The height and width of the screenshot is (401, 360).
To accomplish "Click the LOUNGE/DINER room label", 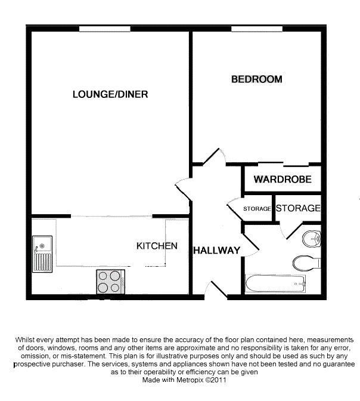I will click(x=110, y=94).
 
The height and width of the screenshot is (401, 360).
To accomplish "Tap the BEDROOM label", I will click(x=256, y=79).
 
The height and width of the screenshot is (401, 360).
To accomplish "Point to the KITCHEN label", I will click(x=157, y=246).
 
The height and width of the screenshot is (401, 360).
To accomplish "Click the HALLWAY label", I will click(x=216, y=251).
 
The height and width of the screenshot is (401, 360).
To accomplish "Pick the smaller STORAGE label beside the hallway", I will click(x=257, y=209).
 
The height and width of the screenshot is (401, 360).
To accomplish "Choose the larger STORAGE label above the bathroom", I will click(x=298, y=208).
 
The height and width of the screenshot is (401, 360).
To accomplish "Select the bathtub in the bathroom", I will click(x=275, y=282).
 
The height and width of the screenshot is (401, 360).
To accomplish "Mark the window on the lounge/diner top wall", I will click(x=105, y=29).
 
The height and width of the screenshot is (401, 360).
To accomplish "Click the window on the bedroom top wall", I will click(x=257, y=29).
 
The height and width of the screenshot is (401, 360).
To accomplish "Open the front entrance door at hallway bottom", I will click(x=215, y=289).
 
